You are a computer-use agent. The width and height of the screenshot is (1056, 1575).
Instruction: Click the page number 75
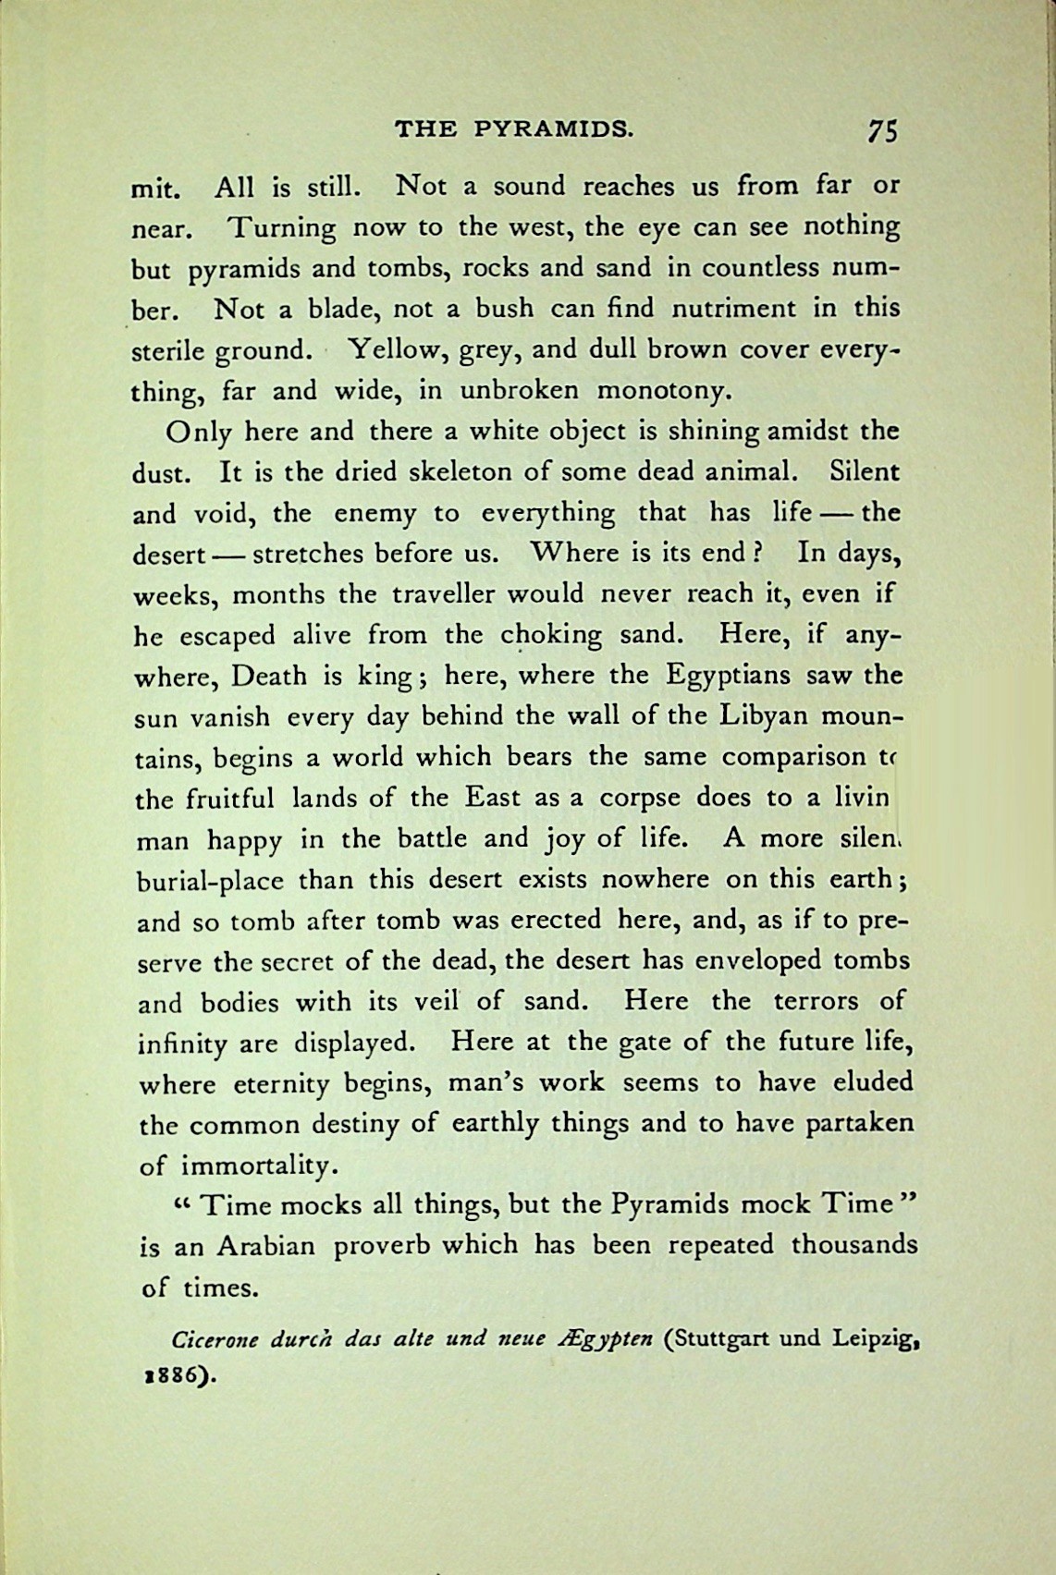(x=882, y=130)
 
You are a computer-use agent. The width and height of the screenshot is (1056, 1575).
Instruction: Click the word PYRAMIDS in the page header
(x=554, y=128)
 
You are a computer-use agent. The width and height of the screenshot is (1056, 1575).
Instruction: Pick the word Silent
(x=865, y=471)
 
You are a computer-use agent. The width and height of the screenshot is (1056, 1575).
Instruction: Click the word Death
(x=269, y=676)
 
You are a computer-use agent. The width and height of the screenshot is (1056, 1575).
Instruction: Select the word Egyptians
(x=728, y=676)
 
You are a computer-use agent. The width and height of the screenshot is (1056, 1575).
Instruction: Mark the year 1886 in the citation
(x=170, y=1374)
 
